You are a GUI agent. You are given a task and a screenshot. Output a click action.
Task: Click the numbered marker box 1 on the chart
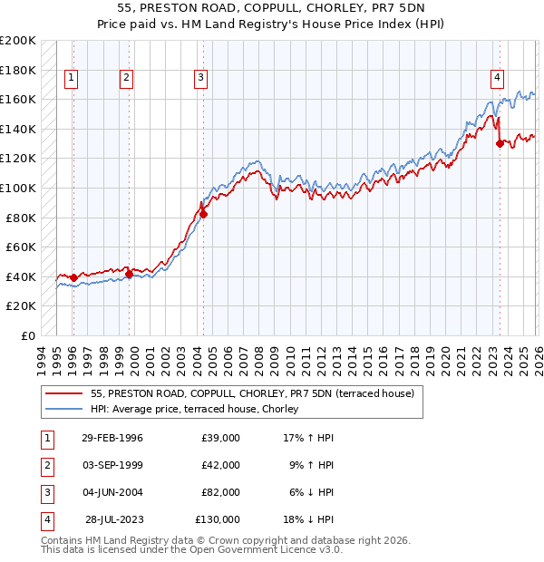point(72,78)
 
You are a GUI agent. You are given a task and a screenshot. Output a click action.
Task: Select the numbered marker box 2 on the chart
point(127,78)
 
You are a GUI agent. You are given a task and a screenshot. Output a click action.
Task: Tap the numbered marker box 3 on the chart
point(200,78)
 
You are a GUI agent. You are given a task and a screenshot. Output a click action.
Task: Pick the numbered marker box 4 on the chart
point(498,78)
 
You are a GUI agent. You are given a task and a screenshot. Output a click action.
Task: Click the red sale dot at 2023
point(500,143)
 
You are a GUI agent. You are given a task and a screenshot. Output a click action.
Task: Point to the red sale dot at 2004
point(203,215)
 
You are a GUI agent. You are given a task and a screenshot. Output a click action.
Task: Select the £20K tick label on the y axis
point(22,306)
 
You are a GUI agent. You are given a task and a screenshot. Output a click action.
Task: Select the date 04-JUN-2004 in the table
point(112,492)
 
